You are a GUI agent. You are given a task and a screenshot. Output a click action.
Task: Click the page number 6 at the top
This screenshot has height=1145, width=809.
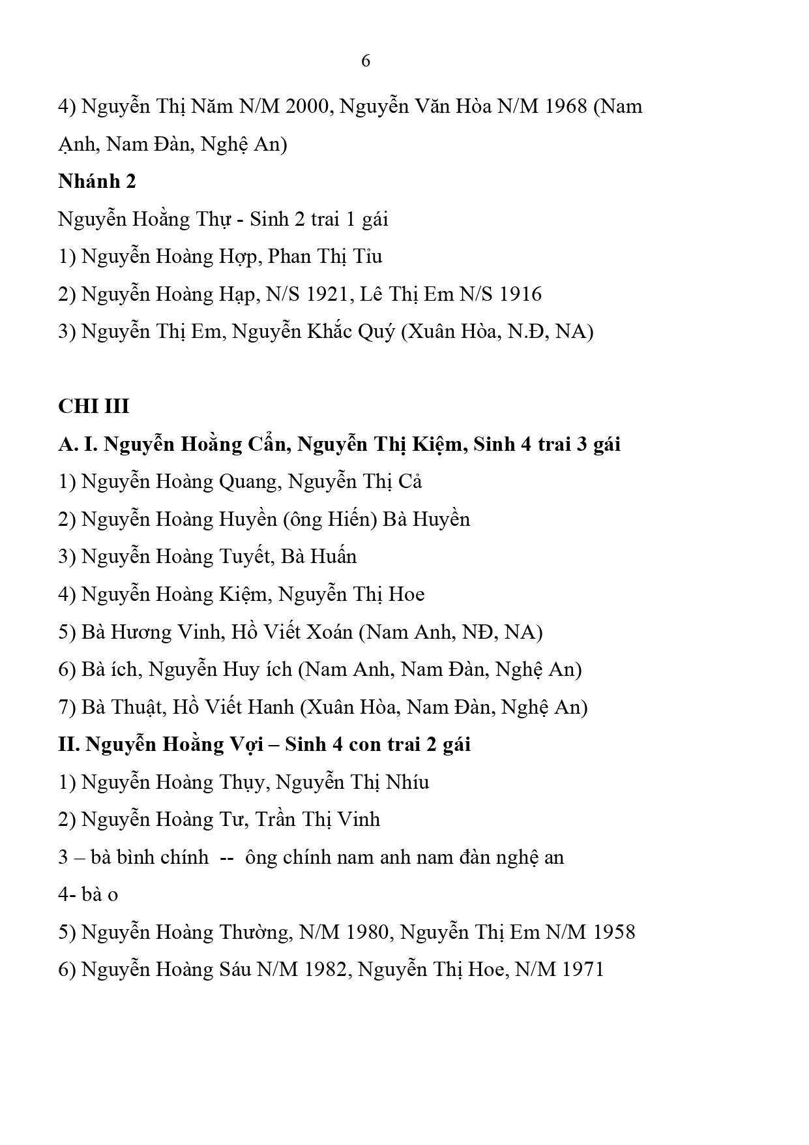pos(366,61)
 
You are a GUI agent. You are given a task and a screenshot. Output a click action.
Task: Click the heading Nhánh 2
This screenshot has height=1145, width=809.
pos(97,181)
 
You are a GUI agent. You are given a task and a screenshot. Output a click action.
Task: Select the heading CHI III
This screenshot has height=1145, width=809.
pos(94,406)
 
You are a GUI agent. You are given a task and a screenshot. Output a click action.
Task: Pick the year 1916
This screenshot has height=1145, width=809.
pos(520,294)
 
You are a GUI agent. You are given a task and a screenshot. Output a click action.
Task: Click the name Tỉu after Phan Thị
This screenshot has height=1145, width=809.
pos(368,256)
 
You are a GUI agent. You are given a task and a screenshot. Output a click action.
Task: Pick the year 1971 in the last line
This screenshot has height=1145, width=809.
pos(582,969)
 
